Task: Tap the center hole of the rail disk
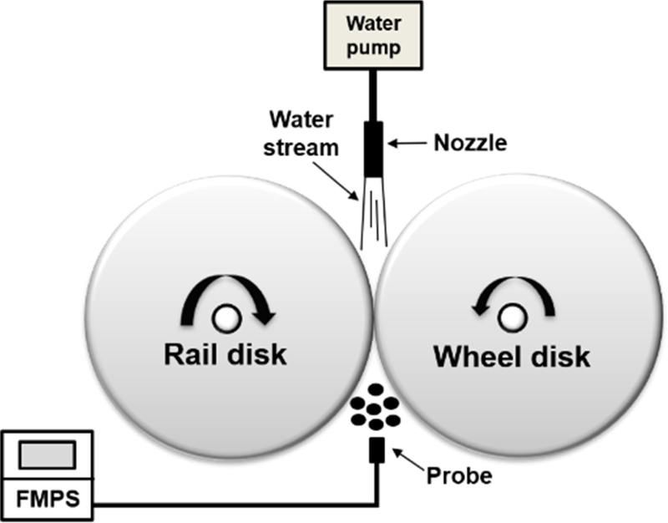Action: coord(225,317)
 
